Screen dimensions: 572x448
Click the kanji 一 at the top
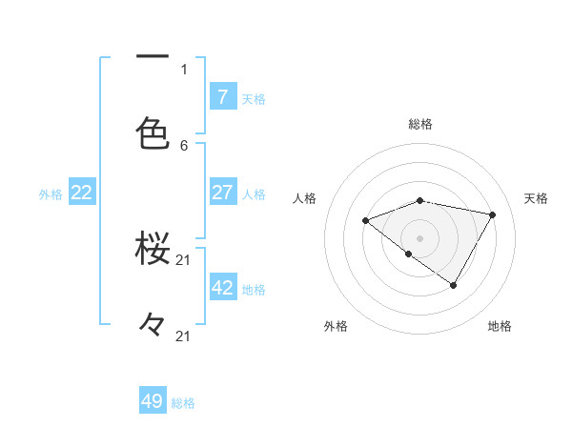(x=153, y=58)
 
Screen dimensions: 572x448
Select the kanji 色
(x=153, y=133)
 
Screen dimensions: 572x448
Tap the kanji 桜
(x=153, y=249)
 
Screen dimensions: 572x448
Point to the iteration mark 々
(x=153, y=324)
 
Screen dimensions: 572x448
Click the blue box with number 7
(x=223, y=96)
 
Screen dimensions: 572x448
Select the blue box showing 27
(x=223, y=193)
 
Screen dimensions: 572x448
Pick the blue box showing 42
(x=223, y=288)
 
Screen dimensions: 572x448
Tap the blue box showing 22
(x=82, y=193)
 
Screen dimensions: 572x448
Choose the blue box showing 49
(x=153, y=401)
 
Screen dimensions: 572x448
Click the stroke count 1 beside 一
(x=184, y=69)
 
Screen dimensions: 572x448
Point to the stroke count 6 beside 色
(x=184, y=145)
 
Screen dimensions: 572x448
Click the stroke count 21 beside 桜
(x=184, y=259)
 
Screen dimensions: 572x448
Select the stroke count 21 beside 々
(x=184, y=336)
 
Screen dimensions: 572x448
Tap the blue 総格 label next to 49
(x=184, y=403)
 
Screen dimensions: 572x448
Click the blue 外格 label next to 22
(x=51, y=194)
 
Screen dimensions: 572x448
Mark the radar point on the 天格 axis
(x=493, y=214)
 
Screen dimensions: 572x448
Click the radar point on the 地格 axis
(x=454, y=285)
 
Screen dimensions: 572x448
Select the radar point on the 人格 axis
(x=365, y=220)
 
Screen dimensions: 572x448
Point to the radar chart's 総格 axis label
(x=420, y=124)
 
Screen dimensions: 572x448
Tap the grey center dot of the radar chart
(x=420, y=237)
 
